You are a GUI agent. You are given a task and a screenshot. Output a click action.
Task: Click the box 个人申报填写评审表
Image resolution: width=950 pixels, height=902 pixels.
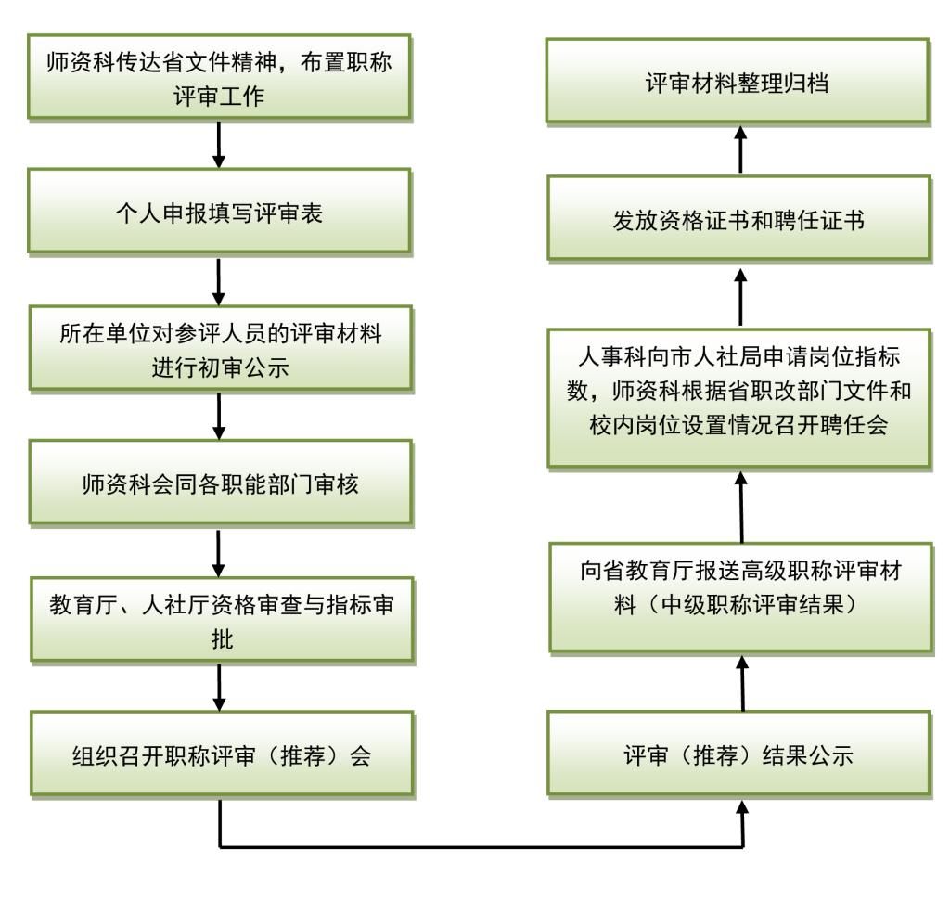pyautogui.click(x=219, y=211)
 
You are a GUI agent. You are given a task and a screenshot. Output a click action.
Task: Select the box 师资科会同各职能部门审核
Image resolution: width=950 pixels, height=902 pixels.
pyautogui.click(x=221, y=483)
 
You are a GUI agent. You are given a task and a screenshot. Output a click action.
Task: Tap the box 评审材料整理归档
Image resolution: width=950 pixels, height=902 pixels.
pyautogui.click(x=738, y=82)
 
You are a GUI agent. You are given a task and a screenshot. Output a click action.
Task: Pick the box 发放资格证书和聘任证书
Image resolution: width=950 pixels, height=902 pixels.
pyautogui.click(x=738, y=218)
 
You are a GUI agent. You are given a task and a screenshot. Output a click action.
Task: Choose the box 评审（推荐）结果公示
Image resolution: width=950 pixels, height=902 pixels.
pyautogui.click(x=738, y=754)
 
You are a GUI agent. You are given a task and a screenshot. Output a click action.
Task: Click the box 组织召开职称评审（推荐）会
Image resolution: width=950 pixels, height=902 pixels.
pyautogui.click(x=222, y=754)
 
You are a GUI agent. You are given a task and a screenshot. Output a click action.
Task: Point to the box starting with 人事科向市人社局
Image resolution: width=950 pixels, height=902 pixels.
pyautogui.click(x=738, y=398)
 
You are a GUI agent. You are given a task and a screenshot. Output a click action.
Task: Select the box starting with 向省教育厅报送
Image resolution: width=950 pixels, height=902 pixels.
pyautogui.click(x=741, y=598)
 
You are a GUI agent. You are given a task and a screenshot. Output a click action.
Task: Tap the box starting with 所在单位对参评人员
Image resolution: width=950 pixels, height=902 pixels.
pyautogui.click(x=221, y=349)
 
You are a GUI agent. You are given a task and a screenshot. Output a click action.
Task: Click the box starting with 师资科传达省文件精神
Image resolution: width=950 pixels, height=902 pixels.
pyautogui.click(x=219, y=77)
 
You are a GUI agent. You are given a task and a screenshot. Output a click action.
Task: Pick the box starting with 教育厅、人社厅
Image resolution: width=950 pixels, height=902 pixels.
pyautogui.click(x=223, y=620)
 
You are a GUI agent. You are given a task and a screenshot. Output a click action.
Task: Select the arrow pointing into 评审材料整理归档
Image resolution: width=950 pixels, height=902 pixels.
pyautogui.click(x=739, y=149)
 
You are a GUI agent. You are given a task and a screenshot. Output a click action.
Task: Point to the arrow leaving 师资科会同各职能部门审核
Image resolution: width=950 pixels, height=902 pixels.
pyautogui.click(x=219, y=553)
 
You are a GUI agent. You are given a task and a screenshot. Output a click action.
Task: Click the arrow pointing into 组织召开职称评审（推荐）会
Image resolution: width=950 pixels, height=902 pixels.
pyautogui.click(x=219, y=688)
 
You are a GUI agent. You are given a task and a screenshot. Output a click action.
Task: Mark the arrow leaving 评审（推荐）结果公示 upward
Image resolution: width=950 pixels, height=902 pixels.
pyautogui.click(x=742, y=683)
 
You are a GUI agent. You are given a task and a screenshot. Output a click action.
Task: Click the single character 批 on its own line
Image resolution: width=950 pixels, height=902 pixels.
pyautogui.click(x=222, y=638)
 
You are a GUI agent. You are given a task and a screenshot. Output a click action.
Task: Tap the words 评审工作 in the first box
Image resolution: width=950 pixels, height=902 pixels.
pyautogui.click(x=219, y=96)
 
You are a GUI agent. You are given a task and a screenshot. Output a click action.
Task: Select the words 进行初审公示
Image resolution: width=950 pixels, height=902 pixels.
pyautogui.click(x=221, y=367)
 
